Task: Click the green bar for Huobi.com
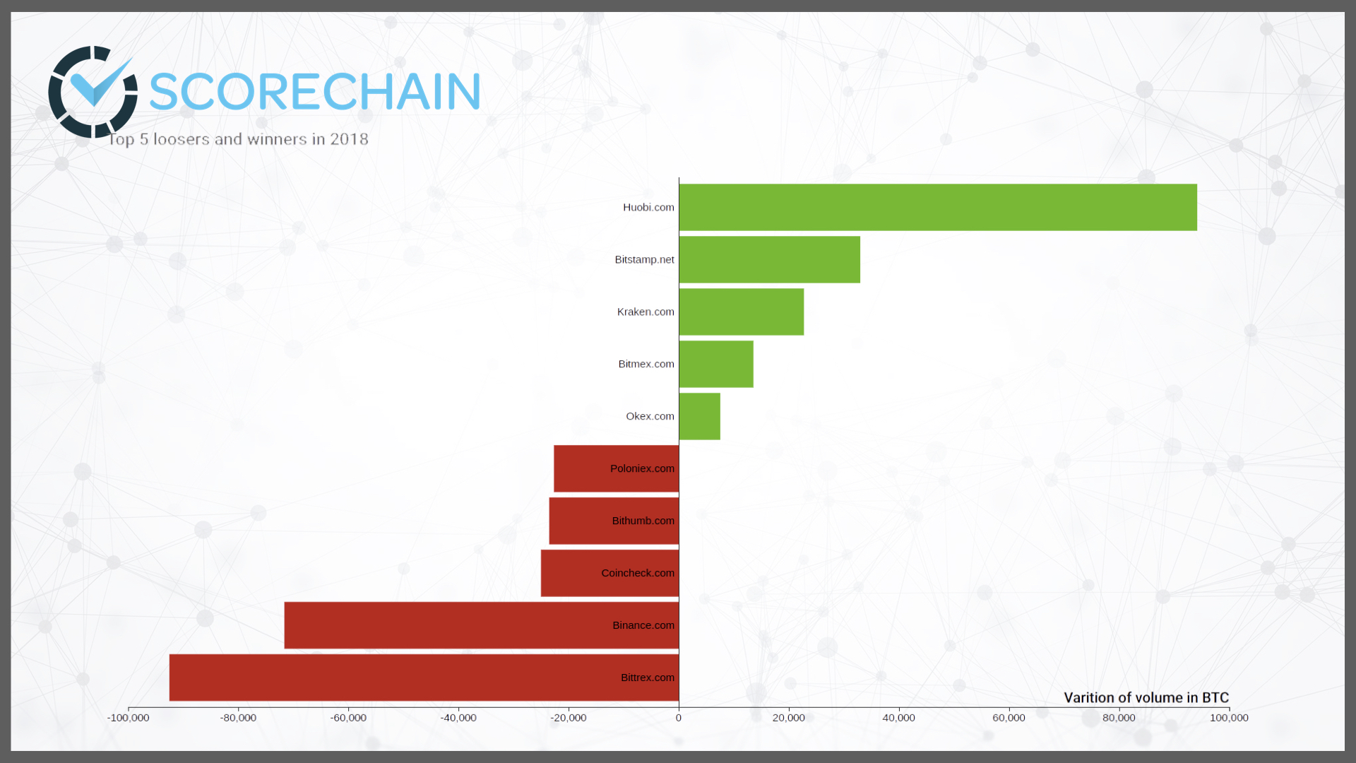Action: point(938,207)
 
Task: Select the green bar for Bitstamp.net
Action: point(770,259)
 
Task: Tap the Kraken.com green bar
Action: point(742,312)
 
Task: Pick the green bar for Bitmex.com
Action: point(716,364)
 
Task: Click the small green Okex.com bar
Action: point(700,416)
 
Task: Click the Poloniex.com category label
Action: point(642,468)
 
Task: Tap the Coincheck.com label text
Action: point(638,573)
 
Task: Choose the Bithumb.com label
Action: point(643,521)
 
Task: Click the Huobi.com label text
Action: point(648,207)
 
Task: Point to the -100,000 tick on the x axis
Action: point(128,718)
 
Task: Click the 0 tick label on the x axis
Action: point(679,718)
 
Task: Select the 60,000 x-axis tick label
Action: point(1009,718)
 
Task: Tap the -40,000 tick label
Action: point(458,718)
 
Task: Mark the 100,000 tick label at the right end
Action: point(1229,718)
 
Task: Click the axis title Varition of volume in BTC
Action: point(1146,697)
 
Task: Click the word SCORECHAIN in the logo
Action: point(315,92)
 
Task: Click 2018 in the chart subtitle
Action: point(349,139)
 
